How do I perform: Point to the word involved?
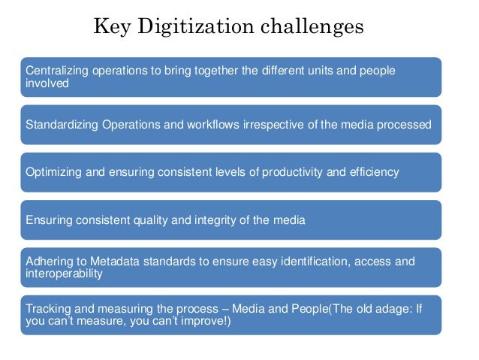tap(47, 83)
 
